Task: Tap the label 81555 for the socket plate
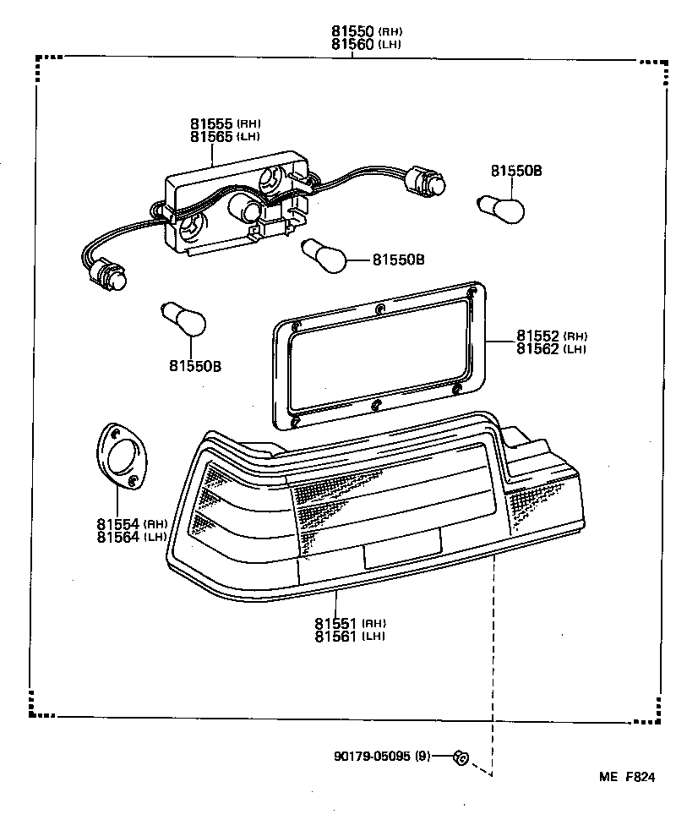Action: (x=211, y=123)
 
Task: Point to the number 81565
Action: (x=211, y=136)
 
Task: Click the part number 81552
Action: (x=538, y=336)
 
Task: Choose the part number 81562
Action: (x=538, y=348)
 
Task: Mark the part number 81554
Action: (x=118, y=524)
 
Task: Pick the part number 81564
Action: (x=118, y=537)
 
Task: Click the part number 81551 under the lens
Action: (x=336, y=623)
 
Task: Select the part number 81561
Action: (x=336, y=636)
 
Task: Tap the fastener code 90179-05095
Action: (x=371, y=756)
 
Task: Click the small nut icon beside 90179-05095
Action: (x=460, y=757)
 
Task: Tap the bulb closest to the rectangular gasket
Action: (x=324, y=254)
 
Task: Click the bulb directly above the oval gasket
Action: (x=184, y=320)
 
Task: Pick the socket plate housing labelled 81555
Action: (x=237, y=203)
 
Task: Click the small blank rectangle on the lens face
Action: (x=401, y=548)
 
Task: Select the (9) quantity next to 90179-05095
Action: (x=422, y=756)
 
